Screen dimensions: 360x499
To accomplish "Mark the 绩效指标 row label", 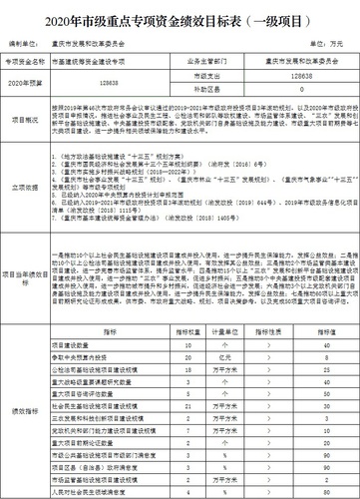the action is pos(28,409).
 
